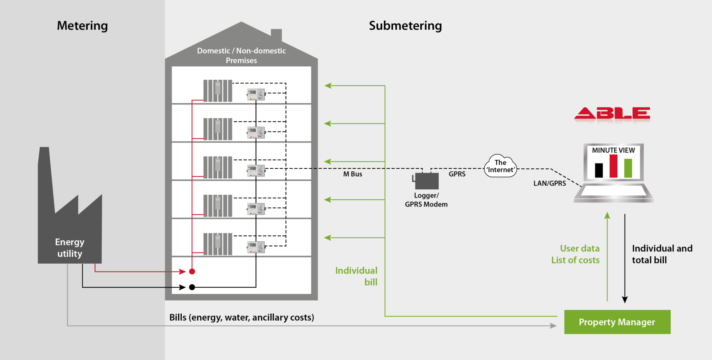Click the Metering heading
click(82, 26)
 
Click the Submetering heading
click(405, 26)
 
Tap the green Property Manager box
click(617, 322)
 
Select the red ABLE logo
click(612, 114)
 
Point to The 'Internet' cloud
click(501, 166)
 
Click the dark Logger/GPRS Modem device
click(426, 181)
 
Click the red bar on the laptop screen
click(613, 166)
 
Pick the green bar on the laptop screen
click(628, 168)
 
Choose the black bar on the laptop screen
click(599, 170)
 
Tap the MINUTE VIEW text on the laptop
click(613, 150)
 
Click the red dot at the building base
click(192, 271)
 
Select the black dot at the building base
click(192, 287)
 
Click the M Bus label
click(353, 174)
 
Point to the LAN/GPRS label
click(550, 183)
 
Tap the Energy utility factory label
click(70, 248)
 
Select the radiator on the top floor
click(218, 90)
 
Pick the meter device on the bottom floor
click(256, 247)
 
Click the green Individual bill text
click(356, 276)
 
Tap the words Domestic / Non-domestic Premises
click(241, 56)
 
